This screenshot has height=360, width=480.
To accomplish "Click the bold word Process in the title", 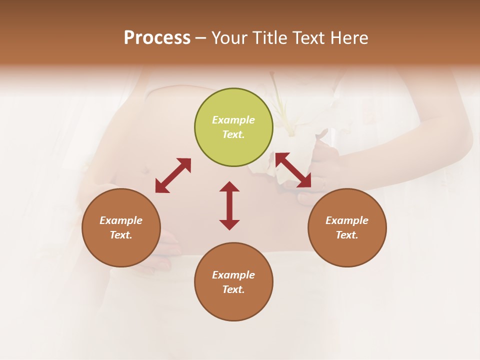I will (x=157, y=38).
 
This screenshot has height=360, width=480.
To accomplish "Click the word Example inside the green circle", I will (x=233, y=120).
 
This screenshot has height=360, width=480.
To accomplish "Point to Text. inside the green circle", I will (x=233, y=134).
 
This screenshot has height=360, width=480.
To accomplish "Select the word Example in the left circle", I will (x=121, y=220).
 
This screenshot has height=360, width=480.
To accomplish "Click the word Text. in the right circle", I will (x=347, y=235).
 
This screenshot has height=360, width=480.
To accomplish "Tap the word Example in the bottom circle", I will (x=233, y=275).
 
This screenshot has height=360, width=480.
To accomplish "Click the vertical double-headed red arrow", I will (x=229, y=205).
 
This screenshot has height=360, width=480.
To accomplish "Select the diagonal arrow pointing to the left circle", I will (x=173, y=175).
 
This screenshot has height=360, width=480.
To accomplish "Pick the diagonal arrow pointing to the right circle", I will (x=293, y=170).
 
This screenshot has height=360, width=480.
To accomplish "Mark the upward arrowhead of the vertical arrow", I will (x=229, y=186).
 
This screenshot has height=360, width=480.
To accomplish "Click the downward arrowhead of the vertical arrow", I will (x=229, y=224).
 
